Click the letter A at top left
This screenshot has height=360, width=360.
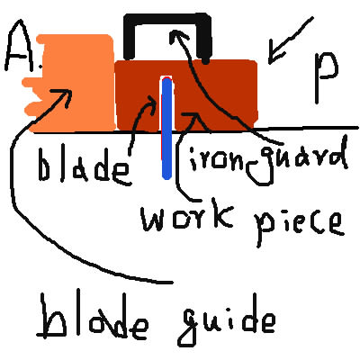(x=19, y=47)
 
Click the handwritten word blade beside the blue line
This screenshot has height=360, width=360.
(x=84, y=167)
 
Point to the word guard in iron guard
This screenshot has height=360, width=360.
(x=297, y=162)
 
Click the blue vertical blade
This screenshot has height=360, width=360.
(x=166, y=129)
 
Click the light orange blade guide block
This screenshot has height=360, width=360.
(x=75, y=83)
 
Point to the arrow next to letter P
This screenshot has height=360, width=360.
(x=290, y=40)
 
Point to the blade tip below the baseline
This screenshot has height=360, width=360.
(x=166, y=177)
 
